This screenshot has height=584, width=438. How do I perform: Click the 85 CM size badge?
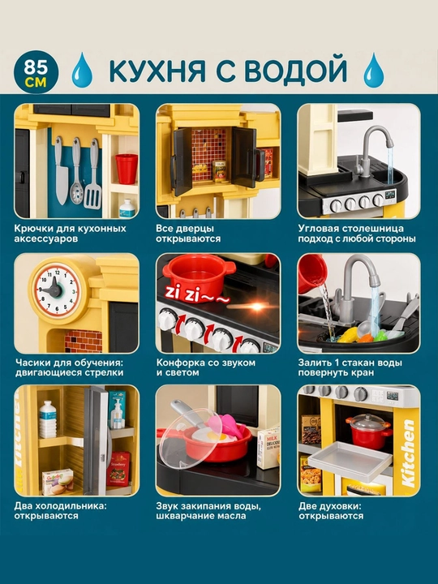36,72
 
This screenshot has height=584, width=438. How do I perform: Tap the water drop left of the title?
82,70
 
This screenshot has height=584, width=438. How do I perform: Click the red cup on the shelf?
127,169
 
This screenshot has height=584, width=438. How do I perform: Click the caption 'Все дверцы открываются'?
188,234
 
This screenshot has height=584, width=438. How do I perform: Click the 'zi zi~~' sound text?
195,295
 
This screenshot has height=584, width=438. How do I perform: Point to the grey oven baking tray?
350,459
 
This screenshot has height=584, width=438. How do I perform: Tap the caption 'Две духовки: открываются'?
331,511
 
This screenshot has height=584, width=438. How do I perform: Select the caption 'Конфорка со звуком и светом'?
205,367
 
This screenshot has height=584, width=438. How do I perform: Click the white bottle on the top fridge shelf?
48,419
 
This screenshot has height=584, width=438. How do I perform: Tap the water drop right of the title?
373,70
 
